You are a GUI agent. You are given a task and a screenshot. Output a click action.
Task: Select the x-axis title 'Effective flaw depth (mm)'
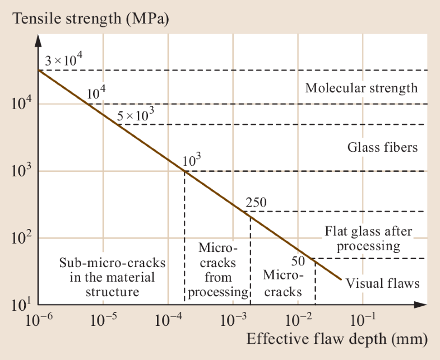click(337, 339)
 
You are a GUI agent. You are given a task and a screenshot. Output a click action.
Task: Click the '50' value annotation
click(299, 260)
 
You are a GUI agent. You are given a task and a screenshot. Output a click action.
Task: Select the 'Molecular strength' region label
click(361, 88)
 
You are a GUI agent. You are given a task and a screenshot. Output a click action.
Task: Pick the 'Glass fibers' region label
click(382, 148)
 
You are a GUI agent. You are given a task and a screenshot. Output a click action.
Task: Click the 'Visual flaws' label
click(382, 283)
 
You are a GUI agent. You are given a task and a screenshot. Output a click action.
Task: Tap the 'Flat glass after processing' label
click(368, 239)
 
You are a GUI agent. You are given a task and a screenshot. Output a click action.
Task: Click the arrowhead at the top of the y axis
click(38, 40)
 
